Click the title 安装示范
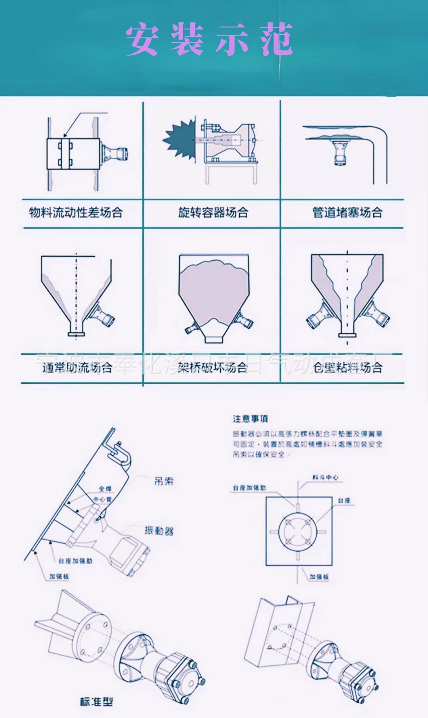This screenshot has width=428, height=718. [209, 39]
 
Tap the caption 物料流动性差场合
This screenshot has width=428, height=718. [76, 212]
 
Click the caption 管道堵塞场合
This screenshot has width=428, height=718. [347, 212]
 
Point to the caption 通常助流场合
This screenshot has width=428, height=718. [77, 368]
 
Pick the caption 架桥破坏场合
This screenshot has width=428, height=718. [212, 368]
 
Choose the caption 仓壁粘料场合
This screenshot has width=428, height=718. [347, 368]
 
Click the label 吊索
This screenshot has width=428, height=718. [164, 481]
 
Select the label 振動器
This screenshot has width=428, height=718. [159, 531]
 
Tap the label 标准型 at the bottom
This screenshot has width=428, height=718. [96, 702]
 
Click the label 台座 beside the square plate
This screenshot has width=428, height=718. [344, 500]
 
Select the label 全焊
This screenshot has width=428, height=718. [105, 489]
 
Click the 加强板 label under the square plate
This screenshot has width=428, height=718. [319, 577]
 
